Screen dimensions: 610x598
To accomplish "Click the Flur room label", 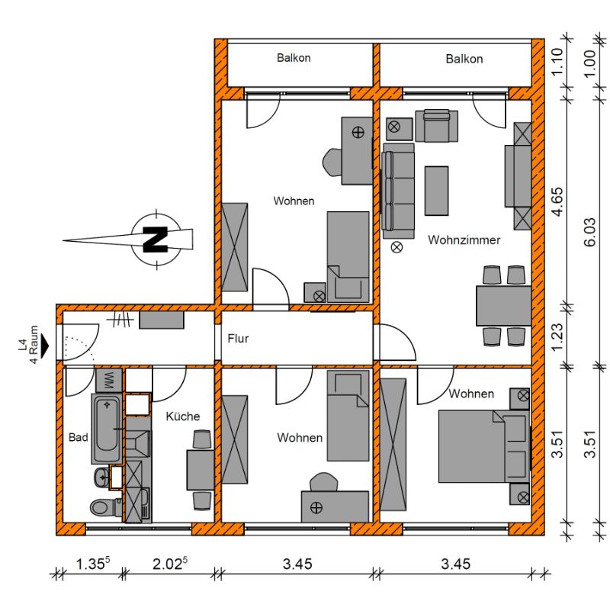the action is (x=238, y=339).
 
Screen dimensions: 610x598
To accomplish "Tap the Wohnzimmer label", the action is (x=464, y=240).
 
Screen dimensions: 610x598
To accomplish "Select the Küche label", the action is (x=183, y=416).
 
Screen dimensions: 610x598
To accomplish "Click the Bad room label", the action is (x=79, y=437).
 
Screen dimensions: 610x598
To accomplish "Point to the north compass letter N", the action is (x=156, y=240).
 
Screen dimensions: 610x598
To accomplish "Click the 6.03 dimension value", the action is (x=589, y=233).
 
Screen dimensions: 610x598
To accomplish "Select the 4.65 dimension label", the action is (x=557, y=201).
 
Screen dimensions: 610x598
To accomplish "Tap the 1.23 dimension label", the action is (x=557, y=337).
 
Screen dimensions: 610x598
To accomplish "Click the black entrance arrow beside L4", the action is (x=45, y=346).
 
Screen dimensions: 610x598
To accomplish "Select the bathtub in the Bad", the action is (x=107, y=429).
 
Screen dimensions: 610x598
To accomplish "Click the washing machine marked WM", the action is (x=109, y=380).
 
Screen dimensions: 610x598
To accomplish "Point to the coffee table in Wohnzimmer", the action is (x=436, y=191).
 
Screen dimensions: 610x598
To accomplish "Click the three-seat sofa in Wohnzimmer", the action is (x=398, y=191).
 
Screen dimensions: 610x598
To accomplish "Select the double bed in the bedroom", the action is (x=484, y=446).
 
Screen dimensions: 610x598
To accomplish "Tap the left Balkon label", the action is (x=294, y=58).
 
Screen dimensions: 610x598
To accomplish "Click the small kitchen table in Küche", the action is (x=201, y=470).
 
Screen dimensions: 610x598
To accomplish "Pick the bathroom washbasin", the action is (x=102, y=477).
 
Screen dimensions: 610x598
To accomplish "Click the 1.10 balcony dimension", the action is (x=557, y=62).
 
